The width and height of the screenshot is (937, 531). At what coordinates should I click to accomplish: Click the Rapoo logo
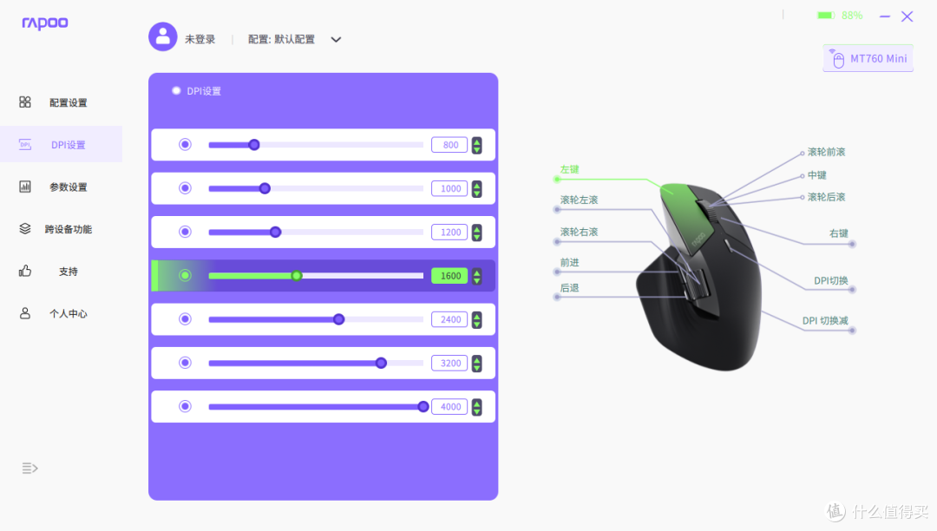(x=45, y=23)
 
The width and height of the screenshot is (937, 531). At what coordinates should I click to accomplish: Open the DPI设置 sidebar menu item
(x=61, y=145)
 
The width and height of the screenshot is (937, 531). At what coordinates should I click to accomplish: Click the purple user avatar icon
(x=162, y=37)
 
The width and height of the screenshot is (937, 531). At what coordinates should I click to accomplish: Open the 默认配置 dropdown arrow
(x=336, y=39)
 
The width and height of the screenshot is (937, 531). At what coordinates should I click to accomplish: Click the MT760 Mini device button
(x=868, y=58)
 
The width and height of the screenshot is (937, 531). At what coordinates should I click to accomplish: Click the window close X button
(x=908, y=16)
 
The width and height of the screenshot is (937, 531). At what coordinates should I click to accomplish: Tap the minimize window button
(x=885, y=16)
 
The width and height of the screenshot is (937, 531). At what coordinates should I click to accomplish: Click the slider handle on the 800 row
(x=254, y=145)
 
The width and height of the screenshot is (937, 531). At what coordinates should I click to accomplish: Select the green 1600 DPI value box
(x=449, y=276)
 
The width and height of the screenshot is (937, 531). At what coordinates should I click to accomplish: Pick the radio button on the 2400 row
(x=186, y=319)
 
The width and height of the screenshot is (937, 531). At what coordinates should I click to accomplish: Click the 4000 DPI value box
(x=449, y=407)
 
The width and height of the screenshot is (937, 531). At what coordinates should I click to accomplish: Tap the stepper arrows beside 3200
(x=477, y=364)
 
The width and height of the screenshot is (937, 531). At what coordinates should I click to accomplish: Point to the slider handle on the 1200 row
(x=276, y=232)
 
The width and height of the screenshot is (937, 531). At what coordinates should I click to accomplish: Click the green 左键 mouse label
(x=569, y=170)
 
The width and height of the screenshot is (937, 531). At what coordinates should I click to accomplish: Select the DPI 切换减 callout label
(x=825, y=321)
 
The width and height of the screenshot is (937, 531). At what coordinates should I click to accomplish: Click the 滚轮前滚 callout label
(x=827, y=152)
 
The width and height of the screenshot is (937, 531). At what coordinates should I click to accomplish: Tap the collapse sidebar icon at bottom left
(x=29, y=468)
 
